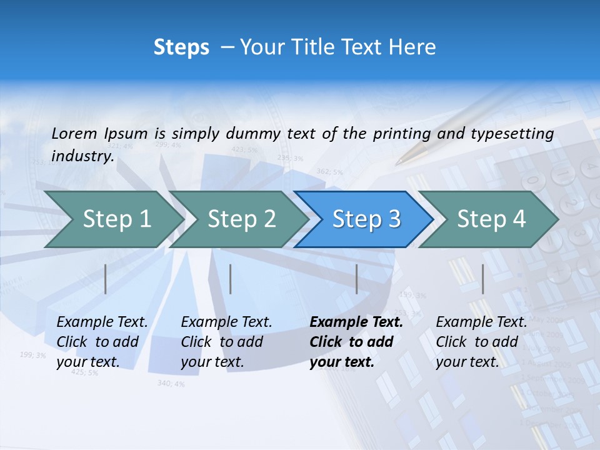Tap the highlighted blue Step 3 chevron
[366, 219]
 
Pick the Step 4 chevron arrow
[491, 219]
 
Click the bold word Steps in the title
[181, 47]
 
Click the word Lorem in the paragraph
[74, 133]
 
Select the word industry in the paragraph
[82, 156]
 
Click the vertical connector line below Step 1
[106, 279]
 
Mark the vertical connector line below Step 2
[231, 279]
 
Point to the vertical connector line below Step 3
[357, 279]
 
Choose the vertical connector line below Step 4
[482, 279]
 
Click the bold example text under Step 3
[356, 342]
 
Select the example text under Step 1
[102, 342]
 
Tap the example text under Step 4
[481, 342]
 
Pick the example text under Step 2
[226, 342]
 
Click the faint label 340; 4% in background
[171, 383]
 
